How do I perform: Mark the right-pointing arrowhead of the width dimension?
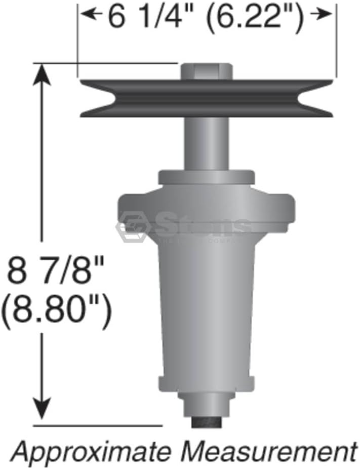[324, 15]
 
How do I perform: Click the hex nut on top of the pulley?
[207, 71]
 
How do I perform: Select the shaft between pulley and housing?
[207, 144]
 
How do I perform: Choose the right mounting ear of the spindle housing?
[285, 208]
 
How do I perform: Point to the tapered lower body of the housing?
[207, 314]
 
